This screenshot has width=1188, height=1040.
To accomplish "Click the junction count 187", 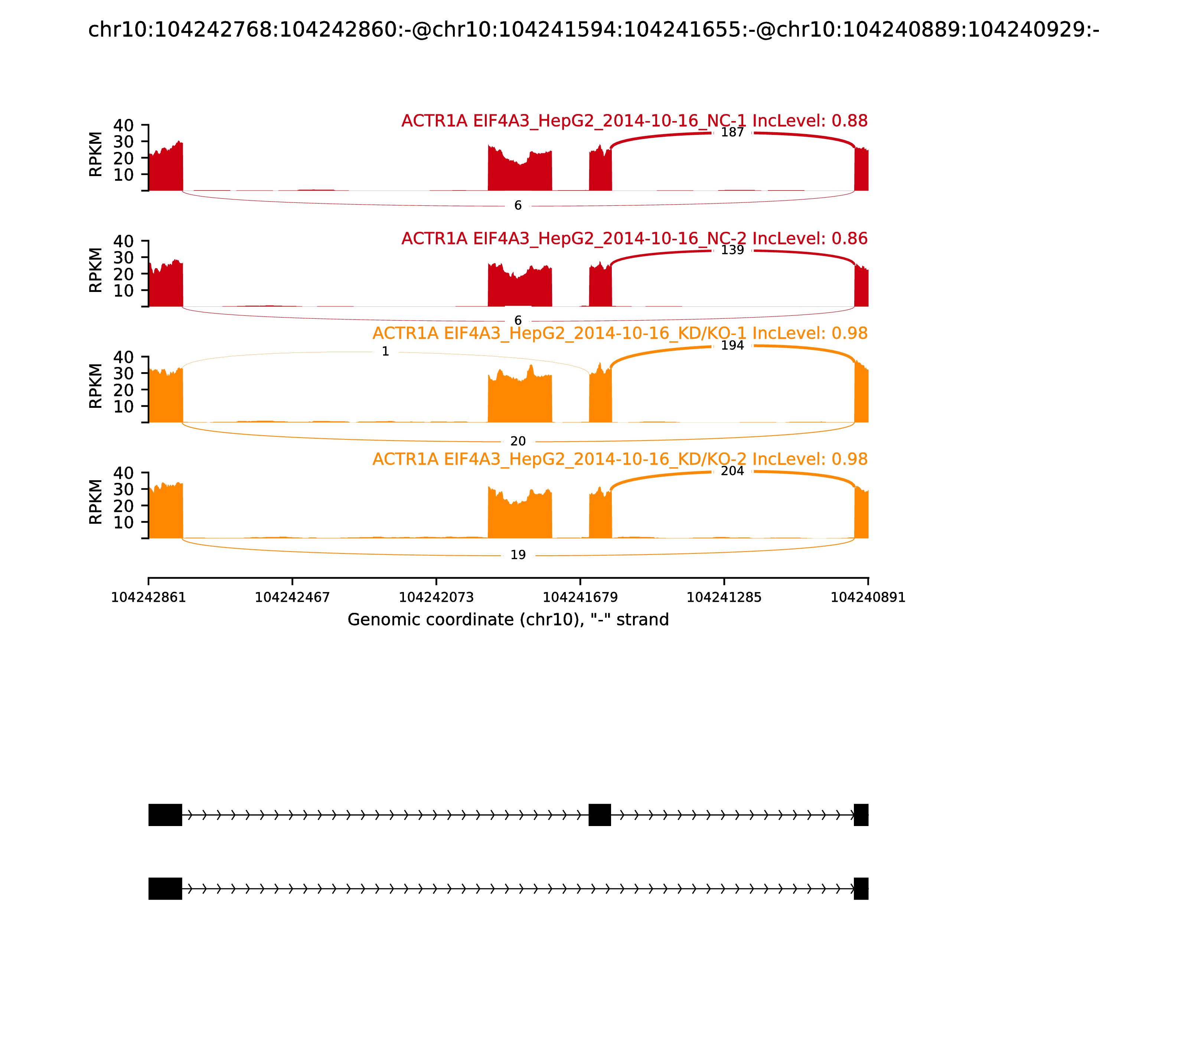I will point(732,132).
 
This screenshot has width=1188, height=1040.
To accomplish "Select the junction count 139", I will point(732,250).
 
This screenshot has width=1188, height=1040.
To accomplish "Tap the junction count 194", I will point(732,345).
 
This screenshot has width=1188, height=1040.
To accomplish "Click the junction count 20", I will point(518,441).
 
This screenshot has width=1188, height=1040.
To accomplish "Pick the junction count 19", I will point(518,555).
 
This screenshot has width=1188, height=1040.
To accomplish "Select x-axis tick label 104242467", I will point(293,598).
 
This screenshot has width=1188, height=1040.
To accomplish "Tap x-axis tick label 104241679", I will point(580,598).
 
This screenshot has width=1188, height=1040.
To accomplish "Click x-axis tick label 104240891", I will point(868,598).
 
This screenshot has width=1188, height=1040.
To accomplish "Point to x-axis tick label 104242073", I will point(436,598).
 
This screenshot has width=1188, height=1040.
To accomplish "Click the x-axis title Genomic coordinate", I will point(508,620).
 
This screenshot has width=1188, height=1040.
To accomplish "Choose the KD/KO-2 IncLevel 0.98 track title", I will point(620,459).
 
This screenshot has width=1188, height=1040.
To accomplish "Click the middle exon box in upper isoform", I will point(600,815).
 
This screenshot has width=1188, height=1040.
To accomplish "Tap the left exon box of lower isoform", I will point(165,888).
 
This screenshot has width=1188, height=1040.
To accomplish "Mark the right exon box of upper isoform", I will point(861,815).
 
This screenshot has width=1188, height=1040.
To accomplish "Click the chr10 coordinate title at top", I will point(593,30).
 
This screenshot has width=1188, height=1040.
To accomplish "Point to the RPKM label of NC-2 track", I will point(96,270).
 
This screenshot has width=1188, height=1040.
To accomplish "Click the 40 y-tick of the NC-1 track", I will point(123,126).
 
